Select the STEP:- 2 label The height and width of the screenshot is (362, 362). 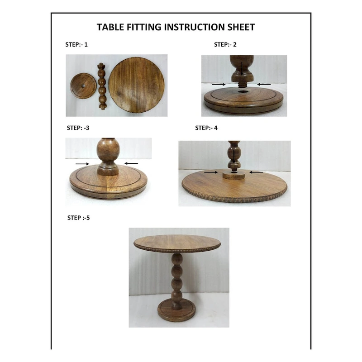click(x=225, y=44)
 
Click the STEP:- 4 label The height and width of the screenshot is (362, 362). click(x=206, y=128)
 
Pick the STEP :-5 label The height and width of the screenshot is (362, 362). click(x=79, y=218)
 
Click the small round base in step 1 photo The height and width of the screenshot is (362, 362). click(x=84, y=86)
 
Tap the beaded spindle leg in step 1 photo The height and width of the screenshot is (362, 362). click(x=103, y=86)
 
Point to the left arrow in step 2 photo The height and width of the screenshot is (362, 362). click(x=218, y=84)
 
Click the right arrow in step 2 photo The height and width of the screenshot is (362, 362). click(x=264, y=84)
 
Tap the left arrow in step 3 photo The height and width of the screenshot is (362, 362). click(x=82, y=163)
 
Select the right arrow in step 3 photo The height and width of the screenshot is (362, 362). click(x=131, y=163)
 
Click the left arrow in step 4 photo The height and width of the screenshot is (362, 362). click(x=210, y=172)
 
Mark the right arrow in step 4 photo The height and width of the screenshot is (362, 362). click(x=256, y=172)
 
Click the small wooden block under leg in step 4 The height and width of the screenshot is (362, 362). click(x=233, y=175)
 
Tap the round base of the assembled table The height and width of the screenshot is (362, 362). click(x=177, y=312)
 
